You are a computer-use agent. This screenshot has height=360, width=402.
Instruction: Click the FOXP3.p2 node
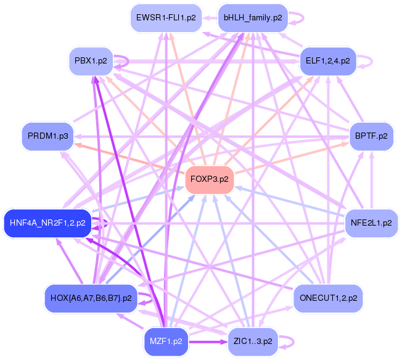(x=210, y=179)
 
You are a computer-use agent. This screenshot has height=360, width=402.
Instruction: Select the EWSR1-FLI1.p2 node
(x=166, y=18)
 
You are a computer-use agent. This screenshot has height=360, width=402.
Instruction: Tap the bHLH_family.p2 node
(x=253, y=18)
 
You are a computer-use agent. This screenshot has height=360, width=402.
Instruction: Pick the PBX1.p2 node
(x=91, y=61)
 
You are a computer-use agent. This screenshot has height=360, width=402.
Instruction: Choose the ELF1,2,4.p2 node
(x=328, y=61)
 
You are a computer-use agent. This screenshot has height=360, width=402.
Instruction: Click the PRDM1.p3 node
(x=48, y=136)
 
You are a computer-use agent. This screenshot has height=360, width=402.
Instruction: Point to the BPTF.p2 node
(x=371, y=136)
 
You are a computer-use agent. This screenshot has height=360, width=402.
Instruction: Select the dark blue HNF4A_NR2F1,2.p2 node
(x=47, y=223)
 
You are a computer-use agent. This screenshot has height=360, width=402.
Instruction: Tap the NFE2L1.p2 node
(x=371, y=223)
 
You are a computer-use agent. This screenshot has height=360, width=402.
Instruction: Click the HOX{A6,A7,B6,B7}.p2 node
(x=91, y=298)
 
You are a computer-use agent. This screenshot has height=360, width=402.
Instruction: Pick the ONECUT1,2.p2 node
(x=328, y=298)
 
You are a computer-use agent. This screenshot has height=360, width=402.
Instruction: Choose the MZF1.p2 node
(x=166, y=342)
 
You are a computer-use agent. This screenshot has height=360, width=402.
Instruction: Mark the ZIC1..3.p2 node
(x=253, y=342)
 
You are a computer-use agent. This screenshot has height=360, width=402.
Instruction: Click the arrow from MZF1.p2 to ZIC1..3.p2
(x=208, y=342)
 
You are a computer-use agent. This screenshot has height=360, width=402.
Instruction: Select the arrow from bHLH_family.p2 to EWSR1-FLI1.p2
(x=210, y=18)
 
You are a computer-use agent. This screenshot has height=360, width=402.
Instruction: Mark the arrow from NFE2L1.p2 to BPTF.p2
(x=372, y=180)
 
